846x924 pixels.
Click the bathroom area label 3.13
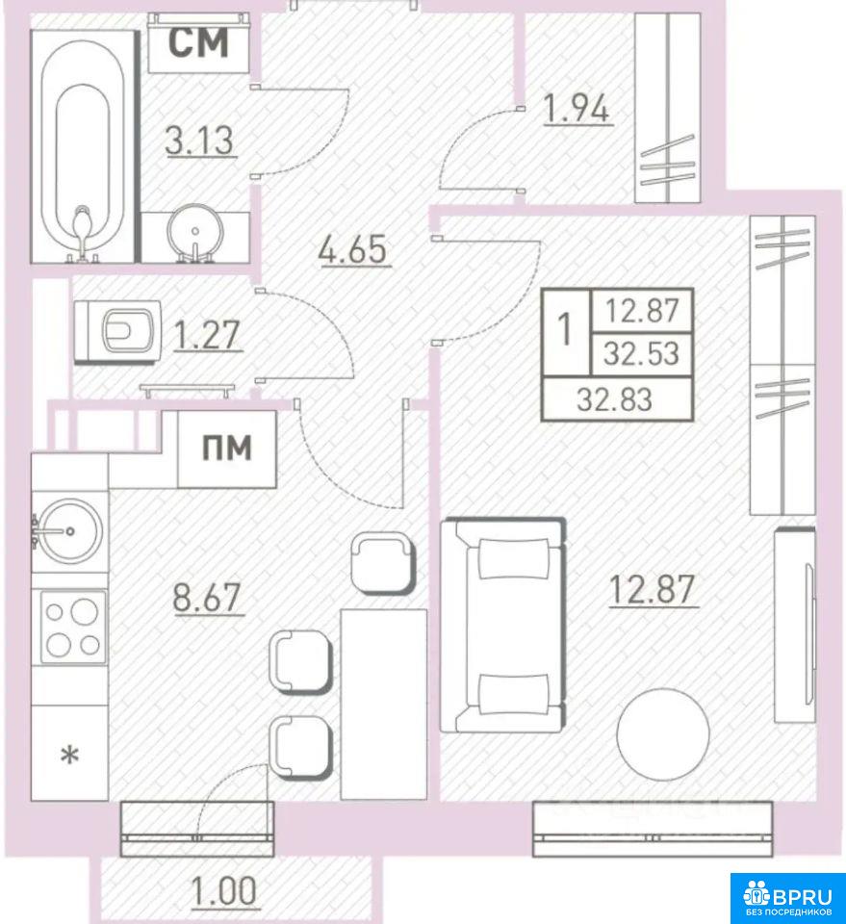[200, 141]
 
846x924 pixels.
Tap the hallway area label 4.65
[353, 249]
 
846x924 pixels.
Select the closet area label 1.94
[577, 109]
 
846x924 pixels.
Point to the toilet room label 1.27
[207, 335]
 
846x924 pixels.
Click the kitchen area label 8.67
[207, 597]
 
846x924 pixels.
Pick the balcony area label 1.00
[224, 890]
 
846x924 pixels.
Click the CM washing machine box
[198, 43]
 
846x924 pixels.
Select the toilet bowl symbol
[117, 331]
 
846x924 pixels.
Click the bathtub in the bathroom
[82, 146]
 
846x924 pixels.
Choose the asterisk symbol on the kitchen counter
[70, 755]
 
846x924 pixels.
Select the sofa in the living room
[503, 626]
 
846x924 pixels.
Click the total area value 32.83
[614, 399]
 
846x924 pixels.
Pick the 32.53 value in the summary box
[642, 353]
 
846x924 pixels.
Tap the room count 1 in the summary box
[565, 329]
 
